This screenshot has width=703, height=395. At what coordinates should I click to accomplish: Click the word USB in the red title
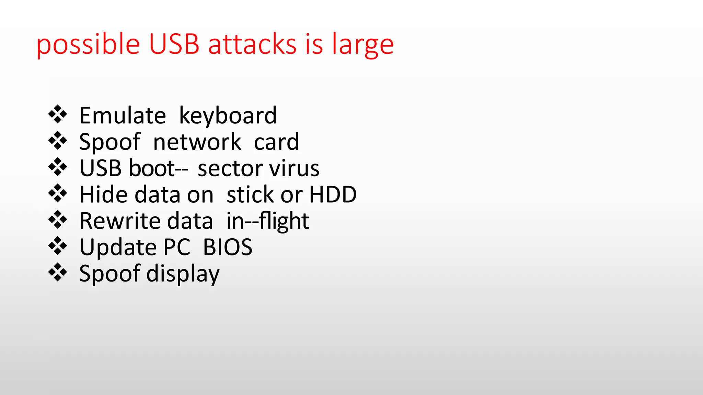[174, 44]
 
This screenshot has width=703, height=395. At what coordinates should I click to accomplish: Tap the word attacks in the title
[252, 44]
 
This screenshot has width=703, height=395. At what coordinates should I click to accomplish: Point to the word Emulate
[123, 116]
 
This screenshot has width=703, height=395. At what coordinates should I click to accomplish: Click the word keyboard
[228, 116]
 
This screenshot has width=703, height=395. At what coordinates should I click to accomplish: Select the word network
[197, 142]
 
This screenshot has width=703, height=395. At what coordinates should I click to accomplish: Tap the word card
[276, 142]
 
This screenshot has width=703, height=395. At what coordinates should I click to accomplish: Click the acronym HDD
[333, 194]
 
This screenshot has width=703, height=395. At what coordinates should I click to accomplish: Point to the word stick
[250, 194]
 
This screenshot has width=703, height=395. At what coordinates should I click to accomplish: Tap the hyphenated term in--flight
[268, 221]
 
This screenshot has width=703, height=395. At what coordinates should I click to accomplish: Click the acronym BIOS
[228, 247]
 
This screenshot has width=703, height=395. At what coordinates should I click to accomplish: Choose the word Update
[118, 248]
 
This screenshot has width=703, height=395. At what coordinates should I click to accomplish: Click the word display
[183, 274]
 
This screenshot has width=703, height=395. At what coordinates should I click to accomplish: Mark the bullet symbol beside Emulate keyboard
[58, 115]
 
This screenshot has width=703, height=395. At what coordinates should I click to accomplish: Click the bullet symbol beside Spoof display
[58, 273]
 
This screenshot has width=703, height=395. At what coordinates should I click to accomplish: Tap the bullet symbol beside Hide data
[58, 193]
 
